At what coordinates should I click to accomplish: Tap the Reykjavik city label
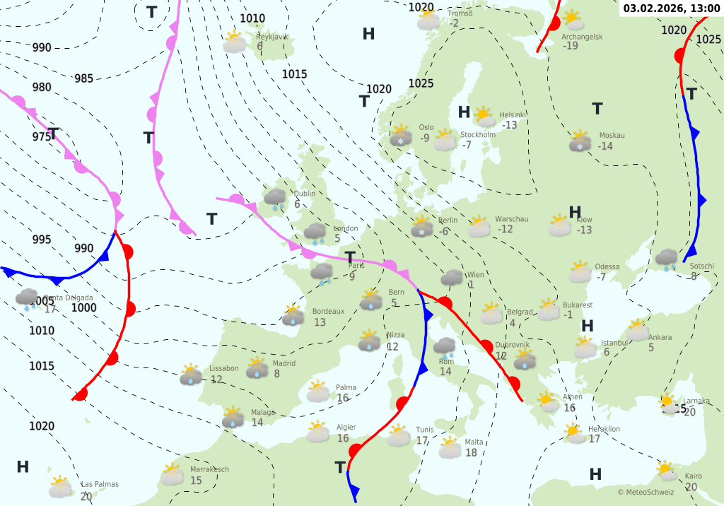[272, 37]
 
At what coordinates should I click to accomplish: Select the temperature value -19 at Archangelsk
[571, 46]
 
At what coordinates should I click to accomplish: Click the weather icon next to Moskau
[580, 141]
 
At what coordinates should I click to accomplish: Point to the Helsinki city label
[513, 115]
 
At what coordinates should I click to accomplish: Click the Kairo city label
[694, 476]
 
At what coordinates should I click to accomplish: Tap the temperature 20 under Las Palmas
[86, 496]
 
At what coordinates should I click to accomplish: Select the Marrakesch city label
[209, 469]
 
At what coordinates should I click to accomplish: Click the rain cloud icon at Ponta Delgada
[28, 300]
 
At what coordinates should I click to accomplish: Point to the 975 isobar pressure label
[42, 136]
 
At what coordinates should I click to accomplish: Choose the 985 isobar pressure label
[83, 78]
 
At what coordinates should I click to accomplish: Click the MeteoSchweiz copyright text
[646, 492]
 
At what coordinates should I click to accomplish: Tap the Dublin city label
[305, 194]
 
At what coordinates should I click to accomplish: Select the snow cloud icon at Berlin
[422, 227]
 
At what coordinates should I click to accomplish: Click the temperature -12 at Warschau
[505, 229]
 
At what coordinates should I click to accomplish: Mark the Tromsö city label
[460, 13]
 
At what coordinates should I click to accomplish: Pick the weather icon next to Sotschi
[665, 259]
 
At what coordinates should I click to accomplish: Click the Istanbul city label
[614, 343]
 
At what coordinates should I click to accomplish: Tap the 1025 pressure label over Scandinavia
[421, 83]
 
